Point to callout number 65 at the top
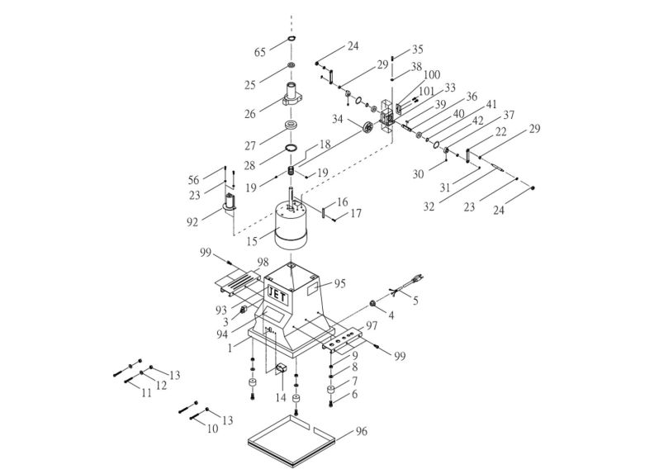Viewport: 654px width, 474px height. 260,52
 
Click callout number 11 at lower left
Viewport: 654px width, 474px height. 146,394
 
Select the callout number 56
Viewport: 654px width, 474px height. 193,179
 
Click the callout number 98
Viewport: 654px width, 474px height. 263,261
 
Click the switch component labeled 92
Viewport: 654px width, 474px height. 231,203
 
